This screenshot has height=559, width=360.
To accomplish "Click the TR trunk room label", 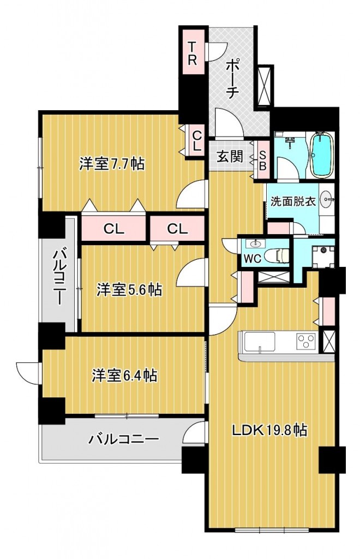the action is point(192,53).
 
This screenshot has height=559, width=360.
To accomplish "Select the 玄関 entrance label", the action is point(230,156).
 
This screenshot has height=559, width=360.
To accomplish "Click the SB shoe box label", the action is point(263,160).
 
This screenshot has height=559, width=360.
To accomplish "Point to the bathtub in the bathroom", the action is point(322,154).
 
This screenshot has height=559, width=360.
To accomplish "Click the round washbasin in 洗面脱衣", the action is point(327,199).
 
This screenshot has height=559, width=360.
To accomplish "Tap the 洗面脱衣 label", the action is point(293,201).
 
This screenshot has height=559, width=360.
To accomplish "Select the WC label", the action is point(253,258).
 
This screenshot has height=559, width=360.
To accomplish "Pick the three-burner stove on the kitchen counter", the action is point(307,341).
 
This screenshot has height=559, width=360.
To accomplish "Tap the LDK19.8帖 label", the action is point(269,431).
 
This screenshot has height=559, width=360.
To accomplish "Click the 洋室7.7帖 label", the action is point(111,164).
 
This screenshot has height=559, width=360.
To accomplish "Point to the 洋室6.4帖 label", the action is point(124,376).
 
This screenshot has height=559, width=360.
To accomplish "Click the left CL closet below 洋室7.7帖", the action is point(114,229).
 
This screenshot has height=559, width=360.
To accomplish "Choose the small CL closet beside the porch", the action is point(197,140).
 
